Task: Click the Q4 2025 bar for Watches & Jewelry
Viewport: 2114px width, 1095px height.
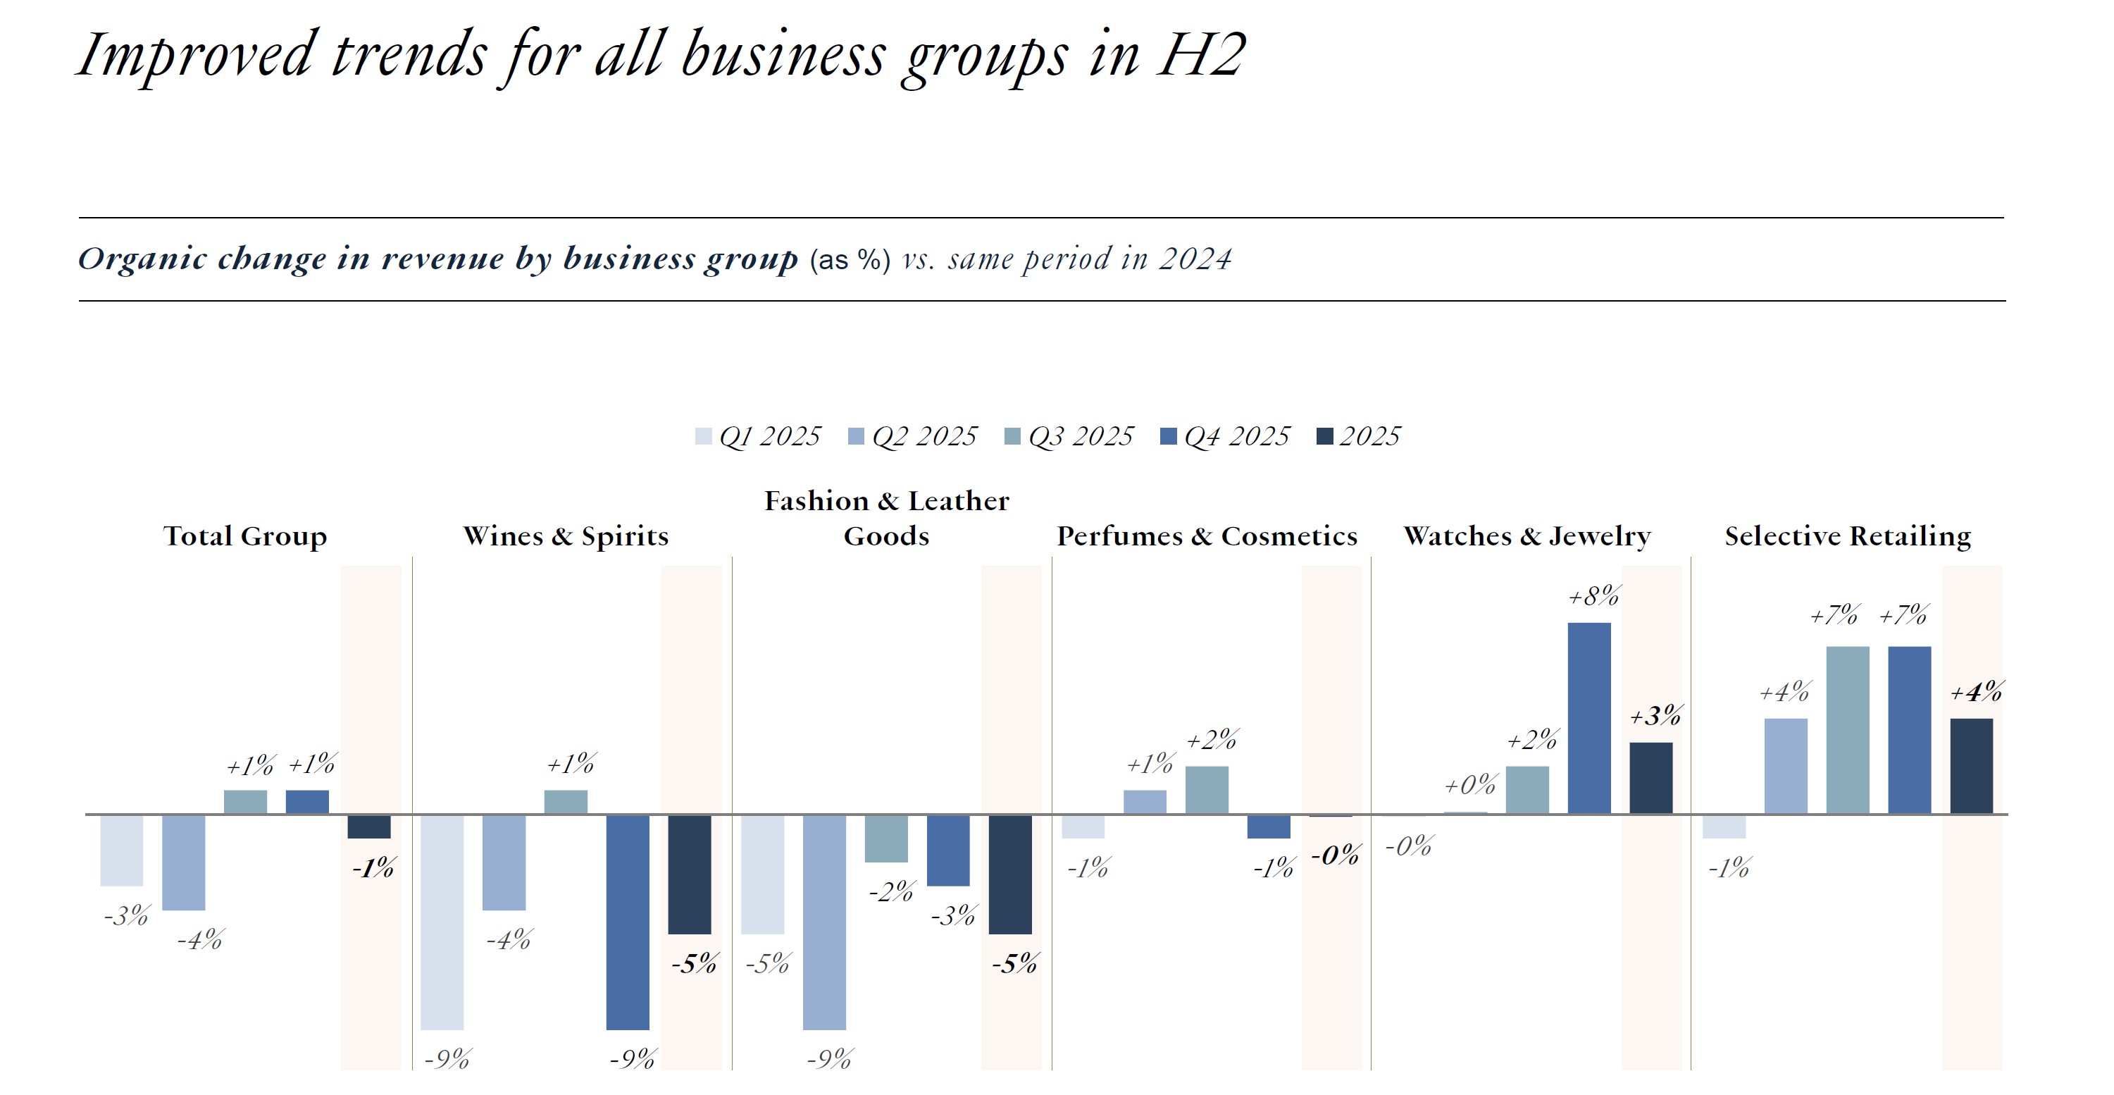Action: [1588, 718]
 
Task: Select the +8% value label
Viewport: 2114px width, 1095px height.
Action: [1593, 596]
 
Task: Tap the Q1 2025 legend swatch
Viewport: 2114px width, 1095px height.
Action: [703, 437]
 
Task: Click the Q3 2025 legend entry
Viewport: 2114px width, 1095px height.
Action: [1069, 436]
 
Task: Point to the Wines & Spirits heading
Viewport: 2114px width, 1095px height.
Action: [566, 536]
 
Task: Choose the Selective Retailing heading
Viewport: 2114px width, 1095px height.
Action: [1847, 536]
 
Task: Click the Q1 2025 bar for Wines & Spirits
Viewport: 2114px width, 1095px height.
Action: [442, 922]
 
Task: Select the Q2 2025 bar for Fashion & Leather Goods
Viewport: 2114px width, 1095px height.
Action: [824, 922]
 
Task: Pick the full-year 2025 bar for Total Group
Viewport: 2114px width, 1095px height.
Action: [368, 827]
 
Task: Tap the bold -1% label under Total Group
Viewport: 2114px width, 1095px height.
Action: [373, 868]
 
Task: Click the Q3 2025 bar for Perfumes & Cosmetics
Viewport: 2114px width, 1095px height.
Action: [1207, 790]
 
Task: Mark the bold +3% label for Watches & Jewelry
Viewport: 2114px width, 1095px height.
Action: [1655, 717]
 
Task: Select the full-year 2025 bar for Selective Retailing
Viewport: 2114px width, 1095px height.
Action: [1971, 766]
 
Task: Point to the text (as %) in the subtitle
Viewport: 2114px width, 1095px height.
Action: [850, 260]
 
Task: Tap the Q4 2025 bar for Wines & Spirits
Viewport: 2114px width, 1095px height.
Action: [628, 922]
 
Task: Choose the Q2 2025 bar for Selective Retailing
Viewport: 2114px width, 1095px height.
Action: [1786, 766]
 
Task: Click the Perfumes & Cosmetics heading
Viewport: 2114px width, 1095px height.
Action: [1207, 536]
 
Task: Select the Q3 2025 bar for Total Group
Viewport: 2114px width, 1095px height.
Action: [245, 802]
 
